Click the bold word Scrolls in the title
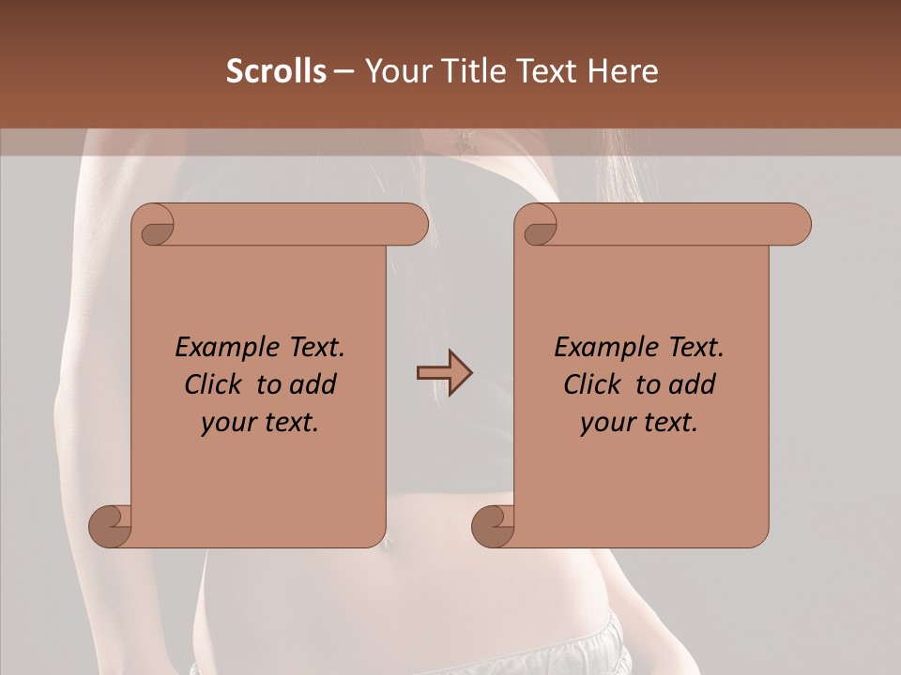point(277,71)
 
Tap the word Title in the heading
point(467,71)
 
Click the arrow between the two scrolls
point(444,373)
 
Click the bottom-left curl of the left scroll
point(110,526)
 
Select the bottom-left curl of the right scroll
point(493,526)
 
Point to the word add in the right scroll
point(693,384)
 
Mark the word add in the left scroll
point(313,384)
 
